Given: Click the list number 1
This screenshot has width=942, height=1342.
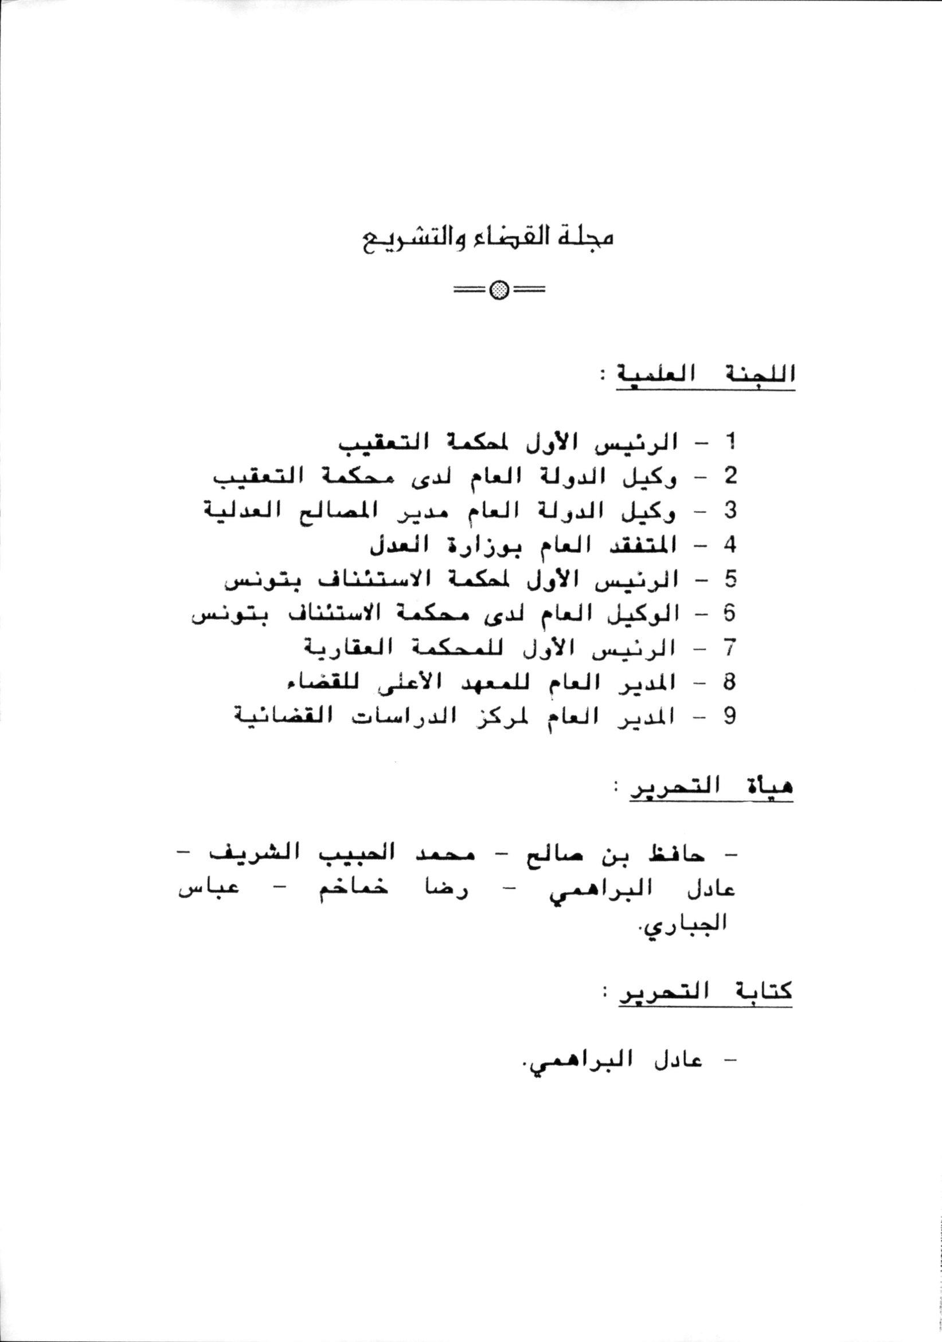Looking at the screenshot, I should click(729, 442).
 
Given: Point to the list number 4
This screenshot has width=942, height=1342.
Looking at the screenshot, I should click(729, 546).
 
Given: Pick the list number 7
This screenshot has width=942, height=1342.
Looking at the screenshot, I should click(729, 648).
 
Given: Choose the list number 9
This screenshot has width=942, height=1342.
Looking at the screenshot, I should click(729, 717).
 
